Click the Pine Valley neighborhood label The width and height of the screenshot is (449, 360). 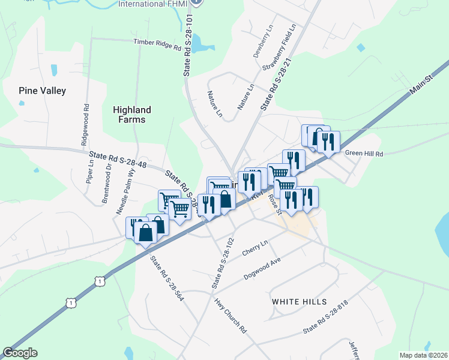pyautogui.click(x=42, y=91)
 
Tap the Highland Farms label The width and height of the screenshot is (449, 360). pyautogui.click(x=132, y=115)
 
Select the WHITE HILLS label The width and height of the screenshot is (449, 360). pyautogui.click(x=299, y=301)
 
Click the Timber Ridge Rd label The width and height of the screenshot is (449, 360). pyautogui.click(x=157, y=43)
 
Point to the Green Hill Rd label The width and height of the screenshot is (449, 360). pyautogui.click(x=364, y=154)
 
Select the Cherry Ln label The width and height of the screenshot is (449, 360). pyautogui.click(x=255, y=248)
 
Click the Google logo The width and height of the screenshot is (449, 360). pyautogui.click(x=20, y=353)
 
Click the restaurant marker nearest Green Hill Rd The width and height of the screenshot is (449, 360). pyautogui.click(x=328, y=143)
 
